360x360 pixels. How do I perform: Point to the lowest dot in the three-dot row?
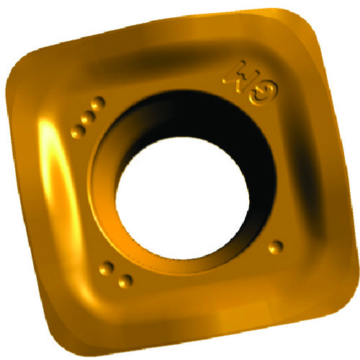click(x=78, y=130)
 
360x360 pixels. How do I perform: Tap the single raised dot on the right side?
click(x=274, y=246)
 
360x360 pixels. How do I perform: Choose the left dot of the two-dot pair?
click(x=107, y=269)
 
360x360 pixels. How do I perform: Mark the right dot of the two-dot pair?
click(x=125, y=280)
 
